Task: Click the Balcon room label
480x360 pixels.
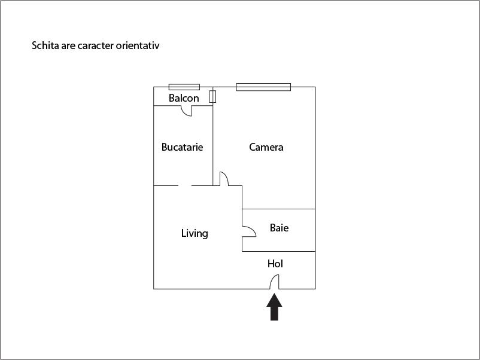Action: [x=184, y=98]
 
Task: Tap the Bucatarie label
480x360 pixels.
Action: [x=182, y=147]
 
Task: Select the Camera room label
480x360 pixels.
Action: [x=266, y=147]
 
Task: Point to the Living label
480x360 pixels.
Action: [x=195, y=233]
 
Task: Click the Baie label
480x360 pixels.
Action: [x=279, y=228]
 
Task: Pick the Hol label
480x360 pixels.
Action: [x=275, y=264]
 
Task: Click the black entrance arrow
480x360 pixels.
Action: [x=274, y=307]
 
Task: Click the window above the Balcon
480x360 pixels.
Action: [x=184, y=87]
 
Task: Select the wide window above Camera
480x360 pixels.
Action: [x=263, y=87]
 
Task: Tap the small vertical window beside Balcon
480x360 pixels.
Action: [x=212, y=96]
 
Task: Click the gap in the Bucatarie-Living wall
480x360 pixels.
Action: [x=184, y=185]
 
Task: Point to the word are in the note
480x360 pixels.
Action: [x=68, y=46]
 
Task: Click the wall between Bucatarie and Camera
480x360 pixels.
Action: [x=212, y=136]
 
